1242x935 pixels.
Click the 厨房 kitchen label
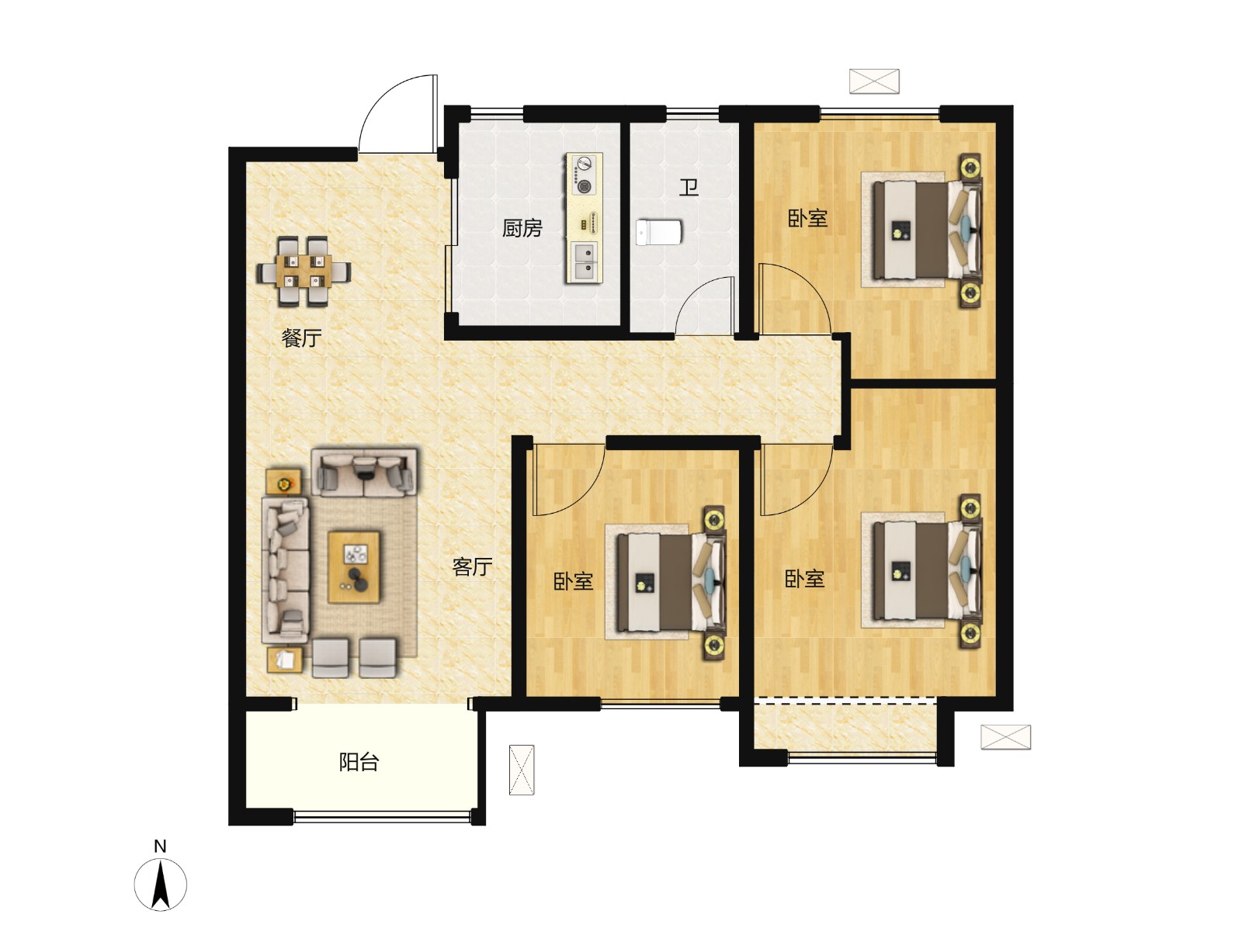(522, 228)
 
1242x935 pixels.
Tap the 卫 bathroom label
(689, 187)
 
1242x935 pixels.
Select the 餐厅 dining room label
(302, 338)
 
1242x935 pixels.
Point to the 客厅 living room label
(472, 566)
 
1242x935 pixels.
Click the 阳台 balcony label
(359, 763)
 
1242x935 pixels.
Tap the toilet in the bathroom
(658, 233)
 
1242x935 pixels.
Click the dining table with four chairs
(304, 272)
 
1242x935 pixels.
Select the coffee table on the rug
(354, 567)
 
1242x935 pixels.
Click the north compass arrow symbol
(161, 885)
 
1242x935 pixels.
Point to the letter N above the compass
(160, 847)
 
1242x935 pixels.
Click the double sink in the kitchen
(584, 262)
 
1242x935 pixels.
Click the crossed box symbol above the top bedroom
(873, 81)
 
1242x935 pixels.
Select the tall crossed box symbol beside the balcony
(521, 770)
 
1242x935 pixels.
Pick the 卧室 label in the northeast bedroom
(807, 218)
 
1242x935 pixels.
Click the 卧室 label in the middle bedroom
(573, 581)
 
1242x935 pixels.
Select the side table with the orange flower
(285, 483)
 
